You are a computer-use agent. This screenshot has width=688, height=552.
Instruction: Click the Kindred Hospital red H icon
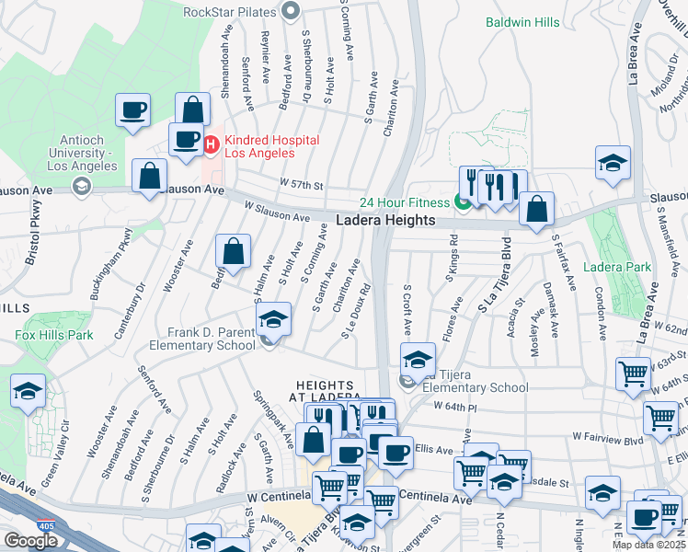211,143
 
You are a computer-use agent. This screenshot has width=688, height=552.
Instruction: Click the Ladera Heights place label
384,221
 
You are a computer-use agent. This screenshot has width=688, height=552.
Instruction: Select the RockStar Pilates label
230,12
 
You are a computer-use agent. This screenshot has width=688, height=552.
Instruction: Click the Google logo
30,541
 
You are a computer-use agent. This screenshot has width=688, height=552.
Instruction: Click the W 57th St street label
303,185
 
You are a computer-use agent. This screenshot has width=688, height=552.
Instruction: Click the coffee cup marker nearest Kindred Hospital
185,139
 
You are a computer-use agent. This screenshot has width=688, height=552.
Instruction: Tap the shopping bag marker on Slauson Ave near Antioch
148,176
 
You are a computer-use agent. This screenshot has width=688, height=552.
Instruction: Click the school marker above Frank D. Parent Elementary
273,318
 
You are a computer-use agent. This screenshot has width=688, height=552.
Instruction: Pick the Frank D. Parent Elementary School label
212,339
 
